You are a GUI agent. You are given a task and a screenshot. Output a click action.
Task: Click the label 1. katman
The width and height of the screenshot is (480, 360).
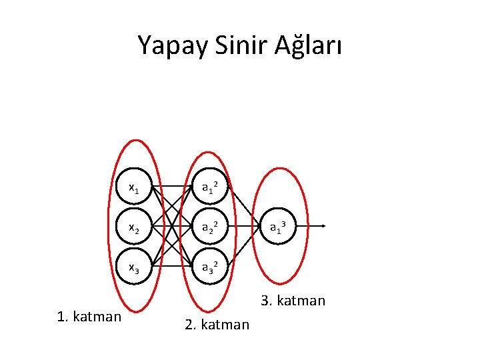[x=89, y=316]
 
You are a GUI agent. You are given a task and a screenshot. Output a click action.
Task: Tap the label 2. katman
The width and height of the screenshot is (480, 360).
[x=217, y=325]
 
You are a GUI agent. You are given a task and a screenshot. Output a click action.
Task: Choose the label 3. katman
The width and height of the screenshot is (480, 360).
[x=293, y=301]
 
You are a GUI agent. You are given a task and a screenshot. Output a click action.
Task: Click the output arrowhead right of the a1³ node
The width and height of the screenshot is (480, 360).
[x=323, y=227]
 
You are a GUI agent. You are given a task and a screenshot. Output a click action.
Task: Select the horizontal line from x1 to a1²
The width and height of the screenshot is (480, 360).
[x=172, y=187]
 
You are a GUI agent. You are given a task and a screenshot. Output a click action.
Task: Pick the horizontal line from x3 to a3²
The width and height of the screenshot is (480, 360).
[x=172, y=267]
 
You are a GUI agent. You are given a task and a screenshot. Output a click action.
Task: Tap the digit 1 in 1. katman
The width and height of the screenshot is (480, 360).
[x=61, y=316]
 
